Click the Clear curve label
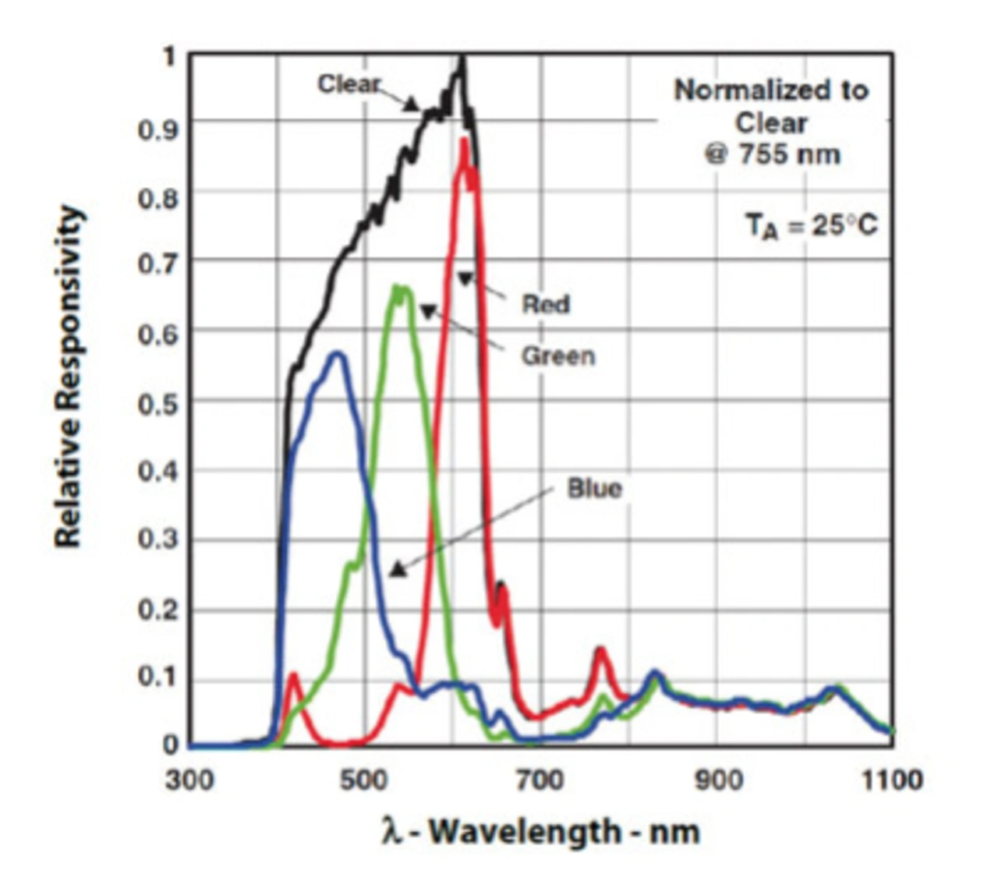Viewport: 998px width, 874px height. [349, 83]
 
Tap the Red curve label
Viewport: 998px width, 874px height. [546, 303]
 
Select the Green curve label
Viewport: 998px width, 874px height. [557, 356]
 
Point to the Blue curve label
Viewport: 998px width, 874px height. [594, 489]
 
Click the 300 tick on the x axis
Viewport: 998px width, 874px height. [189, 780]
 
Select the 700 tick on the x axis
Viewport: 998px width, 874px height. [540, 780]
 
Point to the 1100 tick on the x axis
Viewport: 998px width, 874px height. [891, 780]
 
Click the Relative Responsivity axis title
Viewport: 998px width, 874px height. [69, 377]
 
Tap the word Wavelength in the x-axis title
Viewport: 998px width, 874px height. [524, 831]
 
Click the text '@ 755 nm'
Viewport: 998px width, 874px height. [772, 154]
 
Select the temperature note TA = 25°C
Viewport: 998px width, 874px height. [811, 225]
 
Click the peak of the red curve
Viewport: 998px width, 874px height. [465, 140]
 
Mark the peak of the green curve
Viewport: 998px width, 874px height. [398, 287]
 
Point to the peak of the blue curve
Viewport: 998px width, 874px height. [338, 353]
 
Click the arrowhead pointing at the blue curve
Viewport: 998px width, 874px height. [398, 570]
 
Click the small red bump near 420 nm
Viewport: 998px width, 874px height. [294, 674]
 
